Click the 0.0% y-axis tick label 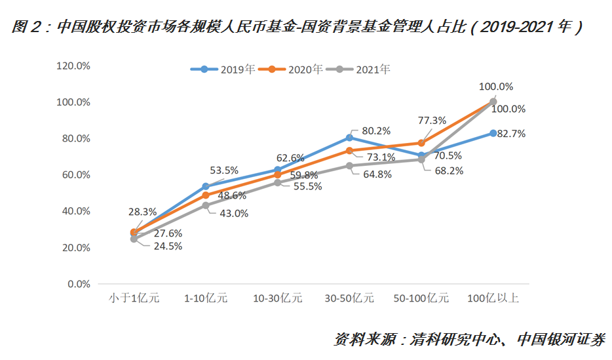78,284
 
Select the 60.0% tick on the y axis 75,174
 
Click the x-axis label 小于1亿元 134,298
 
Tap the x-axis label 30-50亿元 349,298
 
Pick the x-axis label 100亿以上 493,298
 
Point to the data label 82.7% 512,133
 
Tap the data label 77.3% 431,120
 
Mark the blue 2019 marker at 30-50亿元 349,138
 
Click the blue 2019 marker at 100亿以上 493,133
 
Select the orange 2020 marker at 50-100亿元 421,143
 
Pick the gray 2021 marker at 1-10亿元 206,205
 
